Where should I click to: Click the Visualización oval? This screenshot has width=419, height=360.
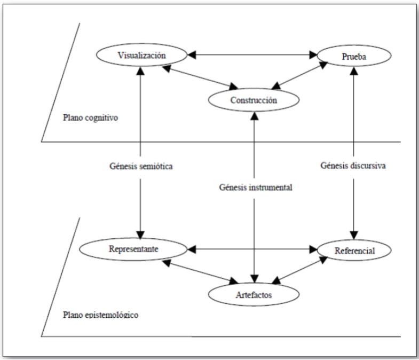pos(141,54)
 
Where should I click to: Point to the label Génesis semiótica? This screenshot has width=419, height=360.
pos(140,166)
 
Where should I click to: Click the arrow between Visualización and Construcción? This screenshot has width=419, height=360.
pos(200,77)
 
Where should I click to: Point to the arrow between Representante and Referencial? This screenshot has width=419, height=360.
pos(251,249)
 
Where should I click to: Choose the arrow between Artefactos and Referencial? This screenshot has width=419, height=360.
pos(300,271)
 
